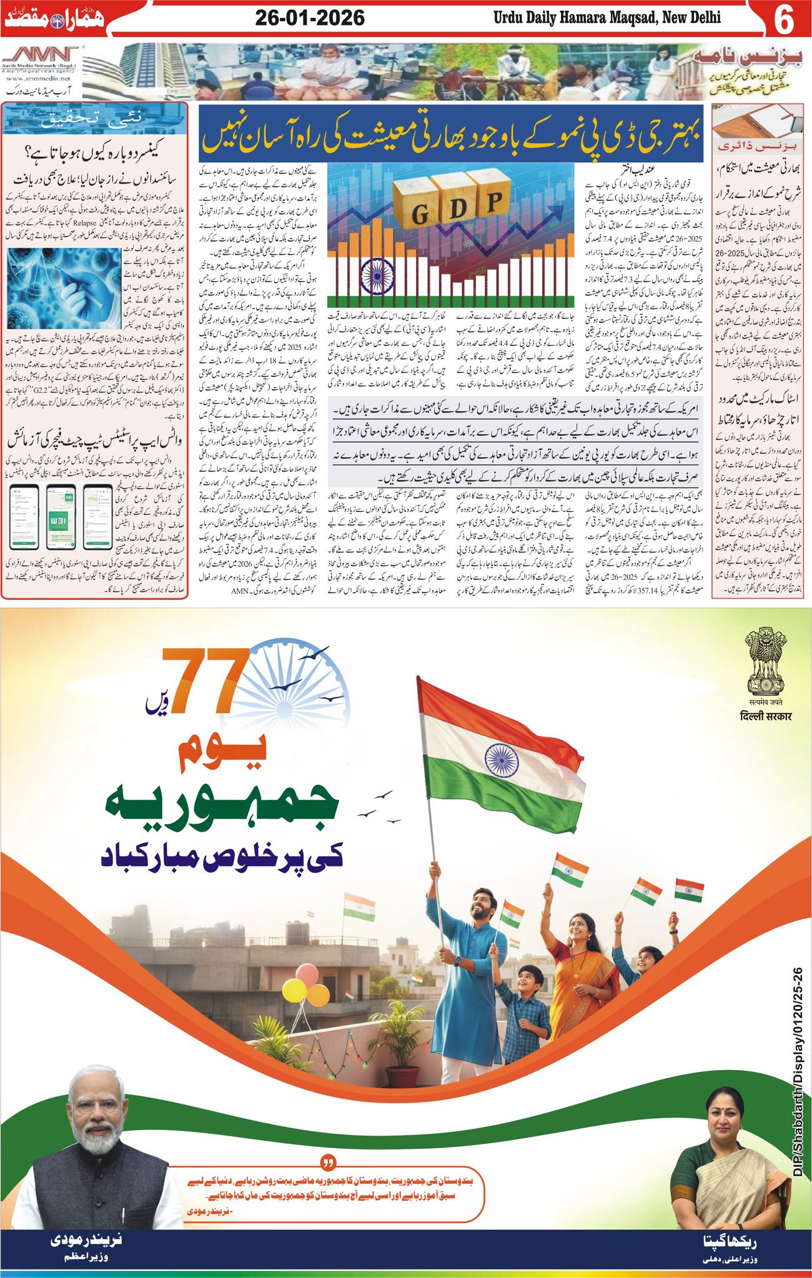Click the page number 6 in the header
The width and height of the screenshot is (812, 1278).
click(783, 19)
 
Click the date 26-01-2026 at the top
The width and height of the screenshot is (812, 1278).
click(310, 17)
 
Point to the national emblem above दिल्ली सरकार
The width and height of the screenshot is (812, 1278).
click(765, 663)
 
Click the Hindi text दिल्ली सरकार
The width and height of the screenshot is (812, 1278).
click(765, 715)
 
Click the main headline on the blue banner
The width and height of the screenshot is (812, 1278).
click(451, 132)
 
